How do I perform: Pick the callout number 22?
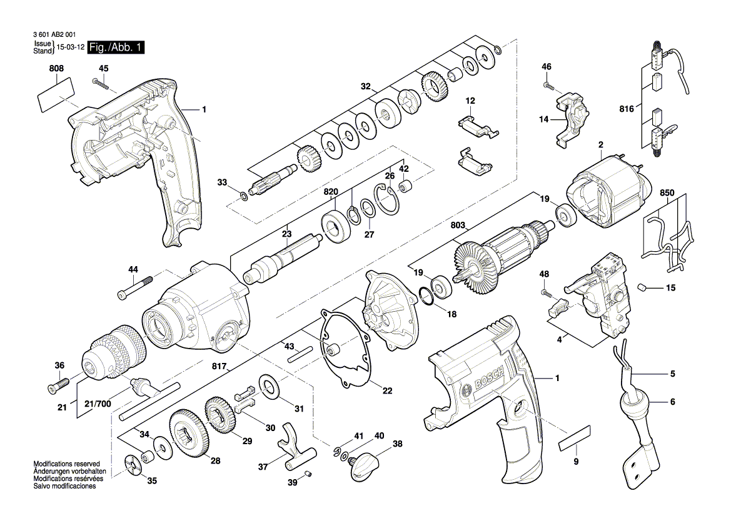coord(387,391)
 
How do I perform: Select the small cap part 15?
coord(642,287)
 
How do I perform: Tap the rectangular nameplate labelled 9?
coord(574,439)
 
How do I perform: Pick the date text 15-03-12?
coord(71,47)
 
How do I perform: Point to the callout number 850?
coord(667,194)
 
